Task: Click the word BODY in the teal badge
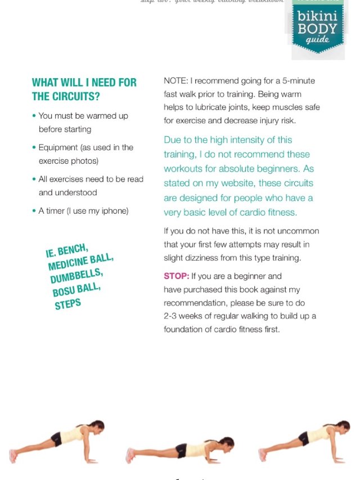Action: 317,28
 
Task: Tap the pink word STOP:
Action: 176,276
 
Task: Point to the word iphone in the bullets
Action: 115,211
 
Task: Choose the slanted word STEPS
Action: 67,304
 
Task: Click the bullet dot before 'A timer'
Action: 34,211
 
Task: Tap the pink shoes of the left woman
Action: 13,455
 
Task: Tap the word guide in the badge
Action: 318,40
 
